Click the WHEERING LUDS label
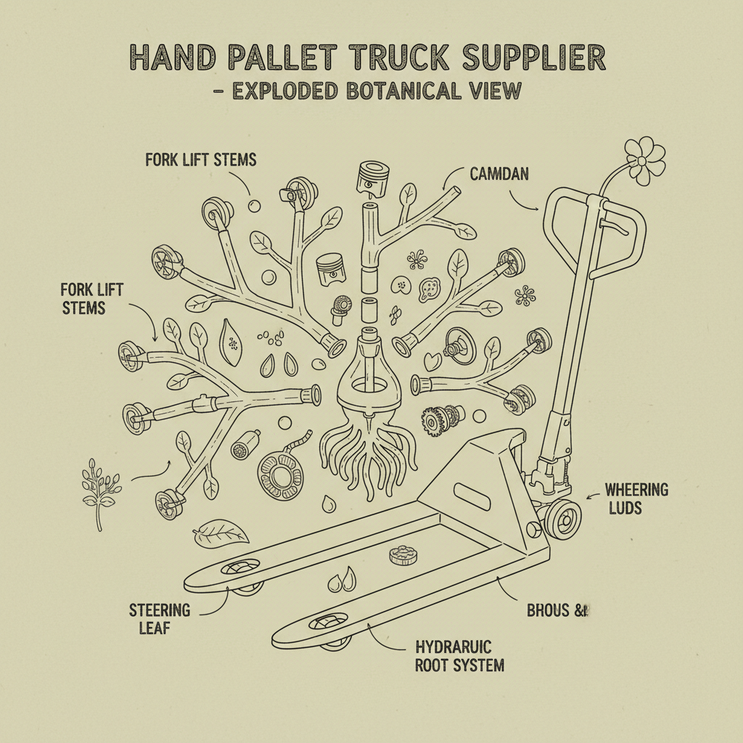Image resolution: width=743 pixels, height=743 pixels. [x=636, y=498]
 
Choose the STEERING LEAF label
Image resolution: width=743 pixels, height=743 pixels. [x=160, y=617]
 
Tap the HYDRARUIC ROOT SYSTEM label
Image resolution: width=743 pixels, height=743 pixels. [x=459, y=656]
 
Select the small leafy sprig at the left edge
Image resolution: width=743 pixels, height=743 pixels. [x=99, y=489]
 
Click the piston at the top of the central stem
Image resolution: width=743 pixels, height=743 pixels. [x=369, y=179]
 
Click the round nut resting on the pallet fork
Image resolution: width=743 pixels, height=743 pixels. [x=403, y=556]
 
